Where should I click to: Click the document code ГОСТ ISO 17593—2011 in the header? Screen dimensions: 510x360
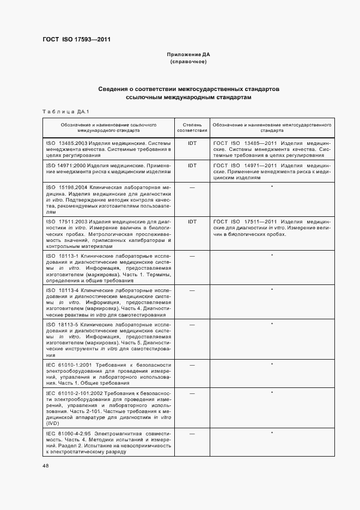[76, 39]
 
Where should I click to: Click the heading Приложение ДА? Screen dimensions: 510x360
[188, 55]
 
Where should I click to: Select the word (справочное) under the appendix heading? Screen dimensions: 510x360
[188, 62]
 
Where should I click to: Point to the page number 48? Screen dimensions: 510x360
[45, 466]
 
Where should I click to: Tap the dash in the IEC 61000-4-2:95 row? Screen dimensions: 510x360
[192, 433]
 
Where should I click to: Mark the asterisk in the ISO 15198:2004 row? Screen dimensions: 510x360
[272, 187]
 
